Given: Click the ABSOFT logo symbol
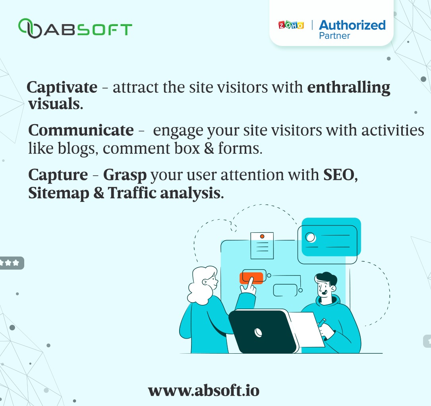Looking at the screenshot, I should pos(31,29).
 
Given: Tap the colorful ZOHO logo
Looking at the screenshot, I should pos(291,25).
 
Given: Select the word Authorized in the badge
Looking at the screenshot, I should pos(352,25).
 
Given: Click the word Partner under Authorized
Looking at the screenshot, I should pos(334,36).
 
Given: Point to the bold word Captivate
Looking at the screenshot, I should pos(62,87).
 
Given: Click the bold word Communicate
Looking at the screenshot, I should pos(81,130).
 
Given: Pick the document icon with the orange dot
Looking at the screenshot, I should pos(262,245).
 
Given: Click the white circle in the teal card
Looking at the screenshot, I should pos(310,237).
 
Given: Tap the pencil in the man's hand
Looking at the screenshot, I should pos(322,323).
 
